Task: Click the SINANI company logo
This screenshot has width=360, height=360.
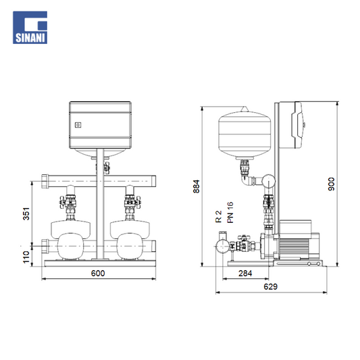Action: tap(30, 27)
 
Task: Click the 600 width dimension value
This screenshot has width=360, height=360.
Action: tap(98, 274)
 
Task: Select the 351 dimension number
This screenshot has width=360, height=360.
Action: tap(26, 213)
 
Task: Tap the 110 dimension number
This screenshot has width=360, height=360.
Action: tap(26, 257)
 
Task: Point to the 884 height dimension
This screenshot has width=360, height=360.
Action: tap(197, 186)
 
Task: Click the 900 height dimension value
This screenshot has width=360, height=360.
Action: tap(332, 184)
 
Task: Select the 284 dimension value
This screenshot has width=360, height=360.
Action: tap(245, 274)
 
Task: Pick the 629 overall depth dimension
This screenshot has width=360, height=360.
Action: tap(270, 286)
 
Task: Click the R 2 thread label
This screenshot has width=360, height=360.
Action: tap(219, 217)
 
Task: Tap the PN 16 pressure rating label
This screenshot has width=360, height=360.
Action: tap(230, 212)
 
